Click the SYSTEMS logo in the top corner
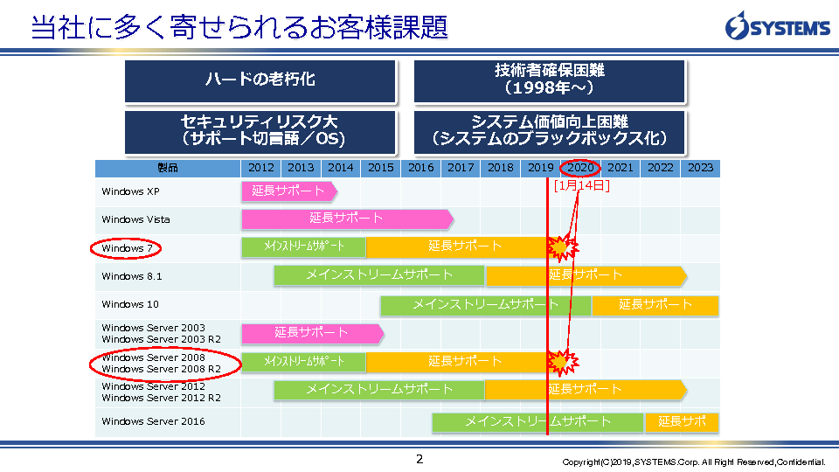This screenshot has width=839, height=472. [x=778, y=25]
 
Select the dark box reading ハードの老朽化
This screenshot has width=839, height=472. [x=260, y=80]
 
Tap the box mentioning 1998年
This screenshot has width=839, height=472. [x=549, y=80]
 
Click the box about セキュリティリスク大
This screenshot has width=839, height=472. [x=260, y=132]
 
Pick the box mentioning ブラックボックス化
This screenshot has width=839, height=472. [x=549, y=132]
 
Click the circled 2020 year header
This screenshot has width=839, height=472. [x=580, y=168]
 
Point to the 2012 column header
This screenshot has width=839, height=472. [x=261, y=168]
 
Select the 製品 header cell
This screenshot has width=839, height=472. [x=168, y=168]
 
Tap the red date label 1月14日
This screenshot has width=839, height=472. [x=582, y=185]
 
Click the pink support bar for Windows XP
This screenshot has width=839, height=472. [x=289, y=191]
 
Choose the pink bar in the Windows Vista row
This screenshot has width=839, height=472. [x=347, y=219]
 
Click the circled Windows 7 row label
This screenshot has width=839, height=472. [x=126, y=248]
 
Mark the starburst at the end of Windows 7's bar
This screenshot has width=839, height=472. [x=562, y=247]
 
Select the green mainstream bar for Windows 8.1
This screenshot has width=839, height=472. [x=379, y=275]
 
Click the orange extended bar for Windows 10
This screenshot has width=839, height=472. [x=655, y=305]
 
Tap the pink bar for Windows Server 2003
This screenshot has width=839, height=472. [x=313, y=333]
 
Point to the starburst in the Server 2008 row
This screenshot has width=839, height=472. [x=562, y=362]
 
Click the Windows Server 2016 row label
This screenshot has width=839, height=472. [x=153, y=421]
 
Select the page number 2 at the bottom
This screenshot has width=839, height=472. [x=419, y=459]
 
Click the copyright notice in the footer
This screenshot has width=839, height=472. [x=693, y=462]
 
